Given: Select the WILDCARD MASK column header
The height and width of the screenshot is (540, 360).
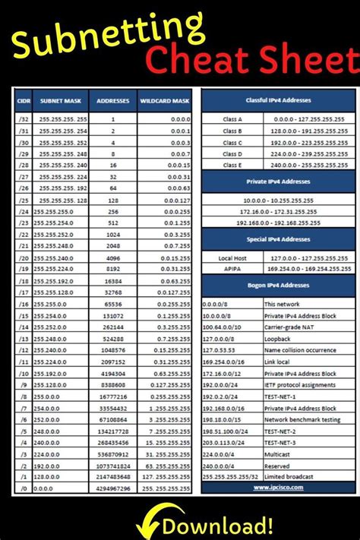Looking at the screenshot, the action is [x=165, y=99].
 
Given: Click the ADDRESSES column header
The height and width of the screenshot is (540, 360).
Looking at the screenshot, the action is [x=113, y=99].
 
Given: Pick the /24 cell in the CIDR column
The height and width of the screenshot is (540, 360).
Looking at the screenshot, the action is [x=23, y=210].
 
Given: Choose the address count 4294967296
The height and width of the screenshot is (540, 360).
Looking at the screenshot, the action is [x=113, y=487].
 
